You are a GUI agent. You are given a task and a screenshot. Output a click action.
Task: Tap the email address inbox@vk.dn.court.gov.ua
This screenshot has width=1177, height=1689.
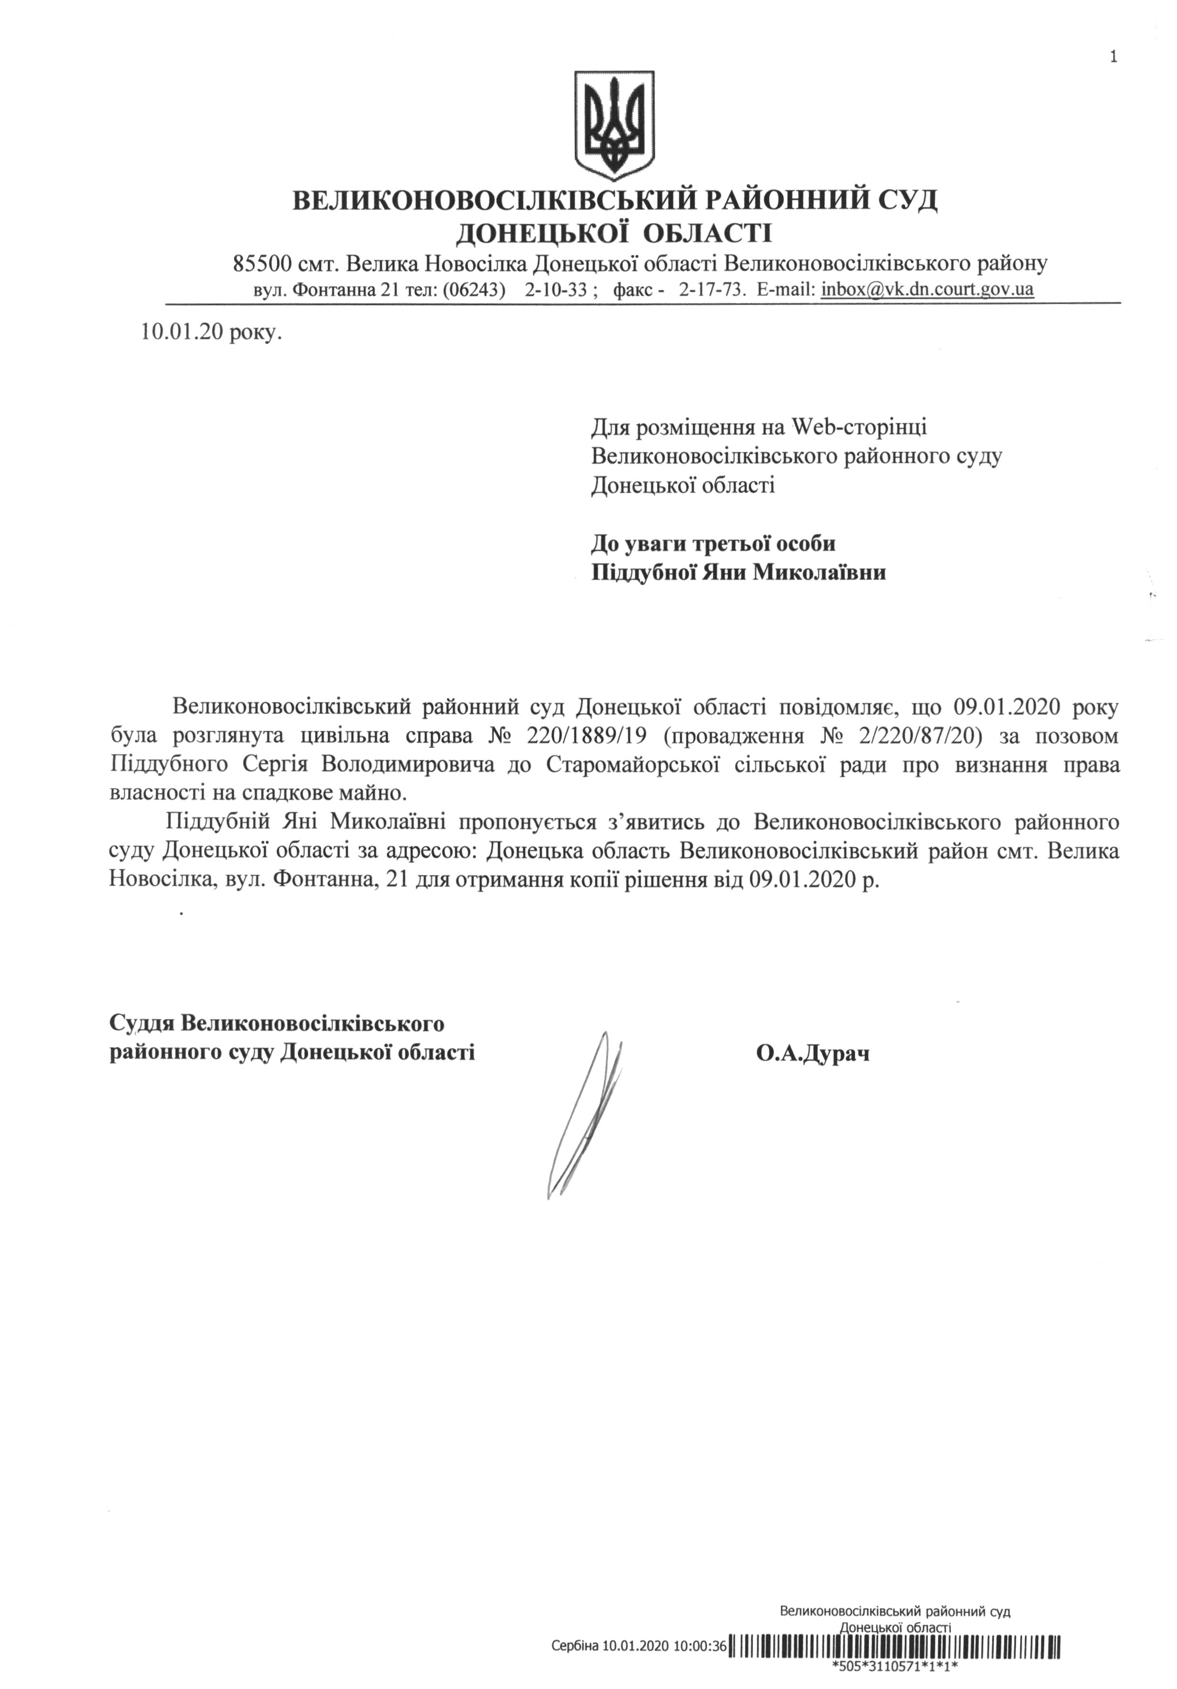(x=927, y=290)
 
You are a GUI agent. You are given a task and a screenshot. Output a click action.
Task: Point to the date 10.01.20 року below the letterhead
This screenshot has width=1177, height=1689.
(x=210, y=332)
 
